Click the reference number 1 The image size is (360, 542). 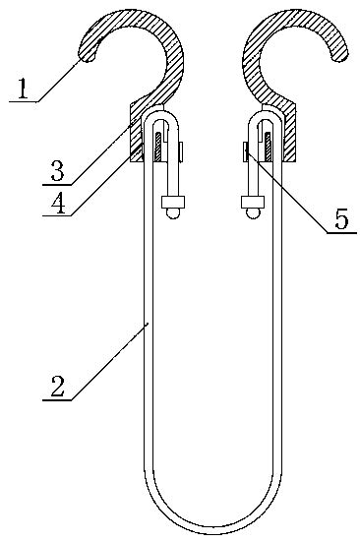[20, 91]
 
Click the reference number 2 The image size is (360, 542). [56, 387]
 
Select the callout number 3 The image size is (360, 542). [58, 168]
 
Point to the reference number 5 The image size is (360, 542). [340, 218]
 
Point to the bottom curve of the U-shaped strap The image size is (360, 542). [212, 527]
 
